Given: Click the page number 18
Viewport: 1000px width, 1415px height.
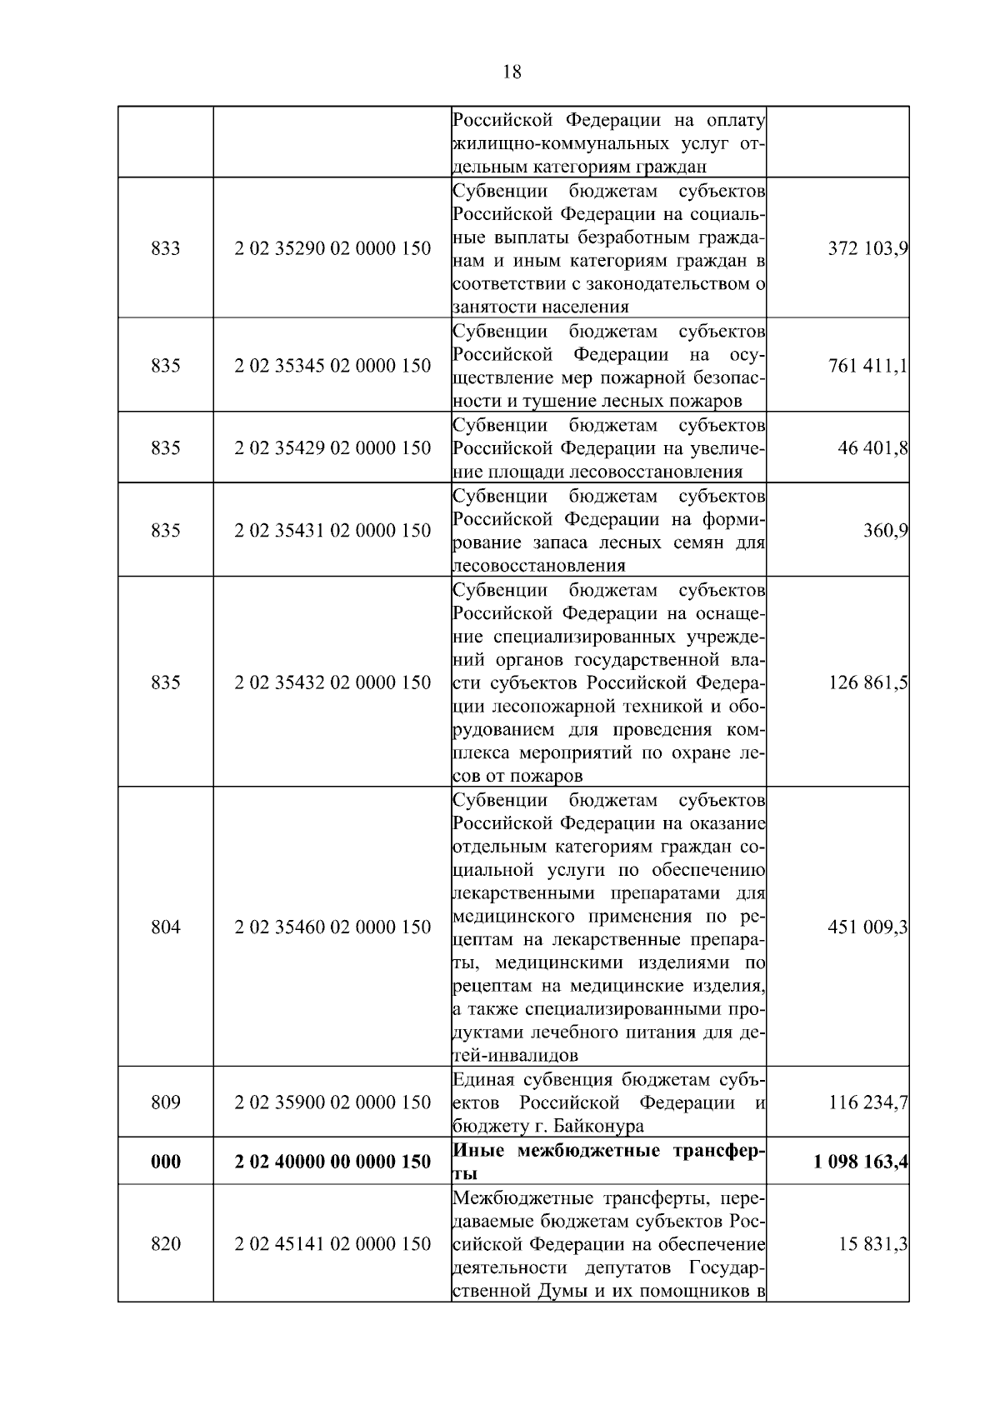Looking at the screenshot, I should point(512,72).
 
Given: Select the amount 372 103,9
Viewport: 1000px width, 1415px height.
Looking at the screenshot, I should point(867,248).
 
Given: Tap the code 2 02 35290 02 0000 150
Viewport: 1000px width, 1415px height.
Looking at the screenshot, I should point(332,248).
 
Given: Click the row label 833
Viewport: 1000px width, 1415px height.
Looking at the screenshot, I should point(166,248).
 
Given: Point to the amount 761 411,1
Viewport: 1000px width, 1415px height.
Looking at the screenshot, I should point(867,366).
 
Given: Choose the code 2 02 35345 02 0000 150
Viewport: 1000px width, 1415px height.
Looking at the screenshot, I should point(332,366).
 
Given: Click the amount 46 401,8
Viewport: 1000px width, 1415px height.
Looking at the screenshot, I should point(872,448).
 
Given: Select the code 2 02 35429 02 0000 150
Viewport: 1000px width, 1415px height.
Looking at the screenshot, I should point(332,448).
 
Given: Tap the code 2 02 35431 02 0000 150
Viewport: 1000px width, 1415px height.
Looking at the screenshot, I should point(332,531).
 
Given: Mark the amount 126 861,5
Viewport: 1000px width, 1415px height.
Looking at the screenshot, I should point(867,683).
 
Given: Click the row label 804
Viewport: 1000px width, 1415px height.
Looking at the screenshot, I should point(166,927).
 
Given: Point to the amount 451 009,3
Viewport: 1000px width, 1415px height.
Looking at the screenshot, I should point(867,927).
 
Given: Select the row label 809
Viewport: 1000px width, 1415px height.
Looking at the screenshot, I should point(166,1102).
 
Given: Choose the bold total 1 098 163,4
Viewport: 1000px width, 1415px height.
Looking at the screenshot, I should point(861,1162).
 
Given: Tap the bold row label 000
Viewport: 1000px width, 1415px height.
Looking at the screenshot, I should point(166,1162).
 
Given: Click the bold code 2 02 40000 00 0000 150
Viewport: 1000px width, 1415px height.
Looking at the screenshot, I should point(332,1162).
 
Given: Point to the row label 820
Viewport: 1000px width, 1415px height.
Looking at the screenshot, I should point(166,1244).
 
